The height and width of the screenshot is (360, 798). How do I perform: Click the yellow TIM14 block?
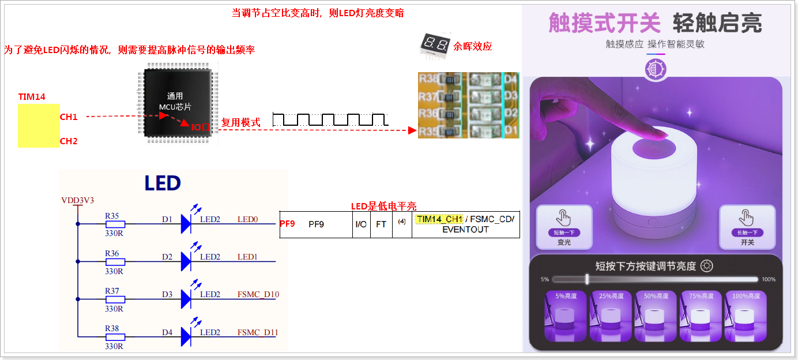[39, 125]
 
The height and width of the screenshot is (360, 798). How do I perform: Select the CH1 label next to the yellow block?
[69, 117]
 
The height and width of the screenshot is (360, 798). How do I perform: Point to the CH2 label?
[69, 141]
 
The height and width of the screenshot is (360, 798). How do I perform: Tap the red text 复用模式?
[240, 122]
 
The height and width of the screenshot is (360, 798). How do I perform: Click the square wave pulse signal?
[329, 119]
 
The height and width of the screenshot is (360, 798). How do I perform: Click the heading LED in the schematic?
[162, 183]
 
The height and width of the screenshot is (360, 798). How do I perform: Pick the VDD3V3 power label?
[77, 201]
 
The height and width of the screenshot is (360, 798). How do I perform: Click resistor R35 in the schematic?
[115, 223]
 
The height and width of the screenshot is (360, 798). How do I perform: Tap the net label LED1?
[248, 257]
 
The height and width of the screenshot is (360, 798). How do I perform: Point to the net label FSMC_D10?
[258, 295]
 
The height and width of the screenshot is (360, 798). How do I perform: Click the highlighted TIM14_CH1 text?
[439, 219]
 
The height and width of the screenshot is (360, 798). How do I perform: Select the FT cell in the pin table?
[381, 224]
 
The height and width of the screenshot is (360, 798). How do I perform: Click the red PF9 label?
[287, 224]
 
